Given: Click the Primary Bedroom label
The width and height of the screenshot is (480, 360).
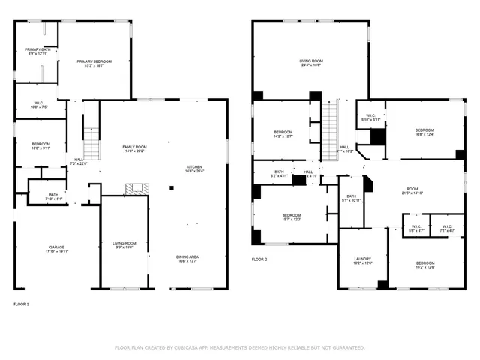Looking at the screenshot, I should tap(95, 63).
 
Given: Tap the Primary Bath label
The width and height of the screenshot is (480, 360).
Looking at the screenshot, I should tap(37, 52).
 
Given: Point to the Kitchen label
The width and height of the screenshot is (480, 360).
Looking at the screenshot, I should tap(194, 169).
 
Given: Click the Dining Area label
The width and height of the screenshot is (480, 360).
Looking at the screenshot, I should tap(187, 259).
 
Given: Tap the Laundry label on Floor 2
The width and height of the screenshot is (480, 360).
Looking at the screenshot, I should tap(362, 260).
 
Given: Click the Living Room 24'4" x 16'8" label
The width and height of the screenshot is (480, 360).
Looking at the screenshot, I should tap(311, 63).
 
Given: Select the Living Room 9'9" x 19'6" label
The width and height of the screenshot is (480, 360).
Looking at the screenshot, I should tap(124, 245).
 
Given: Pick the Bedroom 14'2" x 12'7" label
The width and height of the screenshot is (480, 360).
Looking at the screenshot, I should tap(283, 134).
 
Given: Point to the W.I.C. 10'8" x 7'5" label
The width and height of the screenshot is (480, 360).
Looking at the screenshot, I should tap(39, 105).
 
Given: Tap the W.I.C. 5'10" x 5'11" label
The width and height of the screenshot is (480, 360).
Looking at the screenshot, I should tap(370, 118).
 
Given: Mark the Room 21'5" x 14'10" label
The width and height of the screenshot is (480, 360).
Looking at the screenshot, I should tap(412, 191).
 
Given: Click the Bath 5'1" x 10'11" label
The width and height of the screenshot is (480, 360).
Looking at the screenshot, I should tap(351, 198).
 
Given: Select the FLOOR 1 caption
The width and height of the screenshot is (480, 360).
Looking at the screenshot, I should tap(22, 304).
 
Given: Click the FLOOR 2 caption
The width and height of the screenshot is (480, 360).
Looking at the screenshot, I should tap(259, 259).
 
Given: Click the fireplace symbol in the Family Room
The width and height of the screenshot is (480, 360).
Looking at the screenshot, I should tap(136, 189).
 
